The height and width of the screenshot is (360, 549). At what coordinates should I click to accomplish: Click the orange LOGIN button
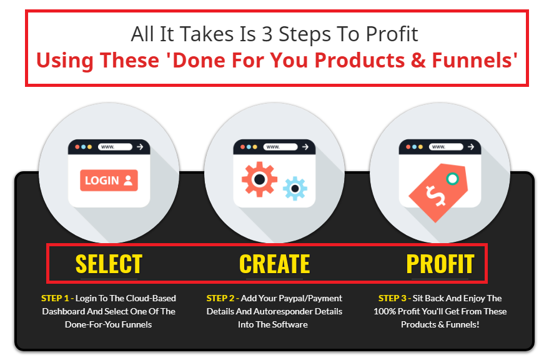pyautogui.click(x=109, y=181)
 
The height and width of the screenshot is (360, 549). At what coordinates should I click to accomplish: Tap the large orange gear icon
pyautogui.click(x=259, y=179)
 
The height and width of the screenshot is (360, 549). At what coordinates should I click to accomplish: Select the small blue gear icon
pyautogui.click(x=295, y=189)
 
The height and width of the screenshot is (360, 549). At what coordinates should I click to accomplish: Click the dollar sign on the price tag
pyautogui.click(x=435, y=196)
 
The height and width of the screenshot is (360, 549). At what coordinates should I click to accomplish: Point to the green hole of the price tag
pyautogui.click(x=452, y=179)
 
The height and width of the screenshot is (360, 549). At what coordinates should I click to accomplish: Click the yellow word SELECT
pyautogui.click(x=109, y=264)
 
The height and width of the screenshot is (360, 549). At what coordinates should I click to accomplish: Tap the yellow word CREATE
pyautogui.click(x=275, y=264)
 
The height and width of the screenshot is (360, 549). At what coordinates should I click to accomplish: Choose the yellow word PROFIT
pyautogui.click(x=440, y=264)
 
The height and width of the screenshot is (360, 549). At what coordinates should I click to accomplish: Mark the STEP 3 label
pyautogui.click(x=392, y=298)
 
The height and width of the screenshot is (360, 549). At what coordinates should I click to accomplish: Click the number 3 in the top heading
pyautogui.click(x=267, y=34)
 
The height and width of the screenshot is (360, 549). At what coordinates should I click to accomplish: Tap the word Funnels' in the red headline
pyautogui.click(x=475, y=60)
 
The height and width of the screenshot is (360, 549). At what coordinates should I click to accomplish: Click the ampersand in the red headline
pyautogui.click(x=418, y=60)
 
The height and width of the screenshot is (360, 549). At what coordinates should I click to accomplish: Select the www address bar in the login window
pyautogui.click(x=115, y=147)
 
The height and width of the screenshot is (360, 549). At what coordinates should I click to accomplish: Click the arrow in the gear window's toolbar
pyautogui.click(x=305, y=147)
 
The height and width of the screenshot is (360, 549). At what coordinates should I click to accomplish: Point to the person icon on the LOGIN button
pyautogui.click(x=128, y=181)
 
